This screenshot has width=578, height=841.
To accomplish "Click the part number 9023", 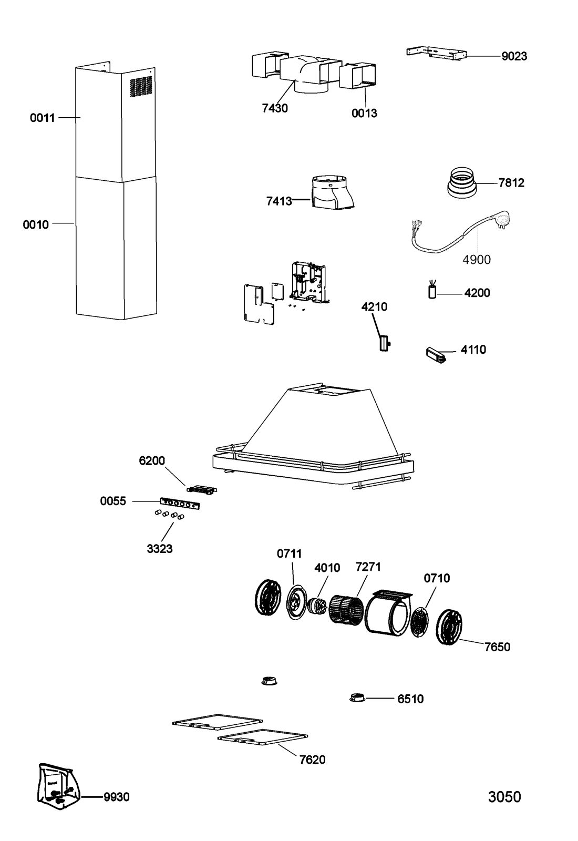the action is (514, 56).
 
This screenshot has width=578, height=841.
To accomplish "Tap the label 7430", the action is (275, 108).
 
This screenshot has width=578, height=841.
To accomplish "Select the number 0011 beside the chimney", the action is (43, 118).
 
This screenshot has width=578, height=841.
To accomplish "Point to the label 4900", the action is (476, 260).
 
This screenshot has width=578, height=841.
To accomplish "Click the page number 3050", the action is (504, 796).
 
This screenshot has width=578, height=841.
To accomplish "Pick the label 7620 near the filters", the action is (312, 760).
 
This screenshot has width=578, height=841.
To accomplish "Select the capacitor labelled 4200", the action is (432, 290).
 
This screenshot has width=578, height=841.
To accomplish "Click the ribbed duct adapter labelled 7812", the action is (462, 182).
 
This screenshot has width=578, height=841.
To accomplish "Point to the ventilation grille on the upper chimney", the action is (141, 87).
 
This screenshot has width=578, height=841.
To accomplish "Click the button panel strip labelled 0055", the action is (180, 504).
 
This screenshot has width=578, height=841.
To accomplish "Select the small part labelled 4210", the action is (384, 343).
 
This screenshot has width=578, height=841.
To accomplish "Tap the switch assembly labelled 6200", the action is (202, 489).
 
